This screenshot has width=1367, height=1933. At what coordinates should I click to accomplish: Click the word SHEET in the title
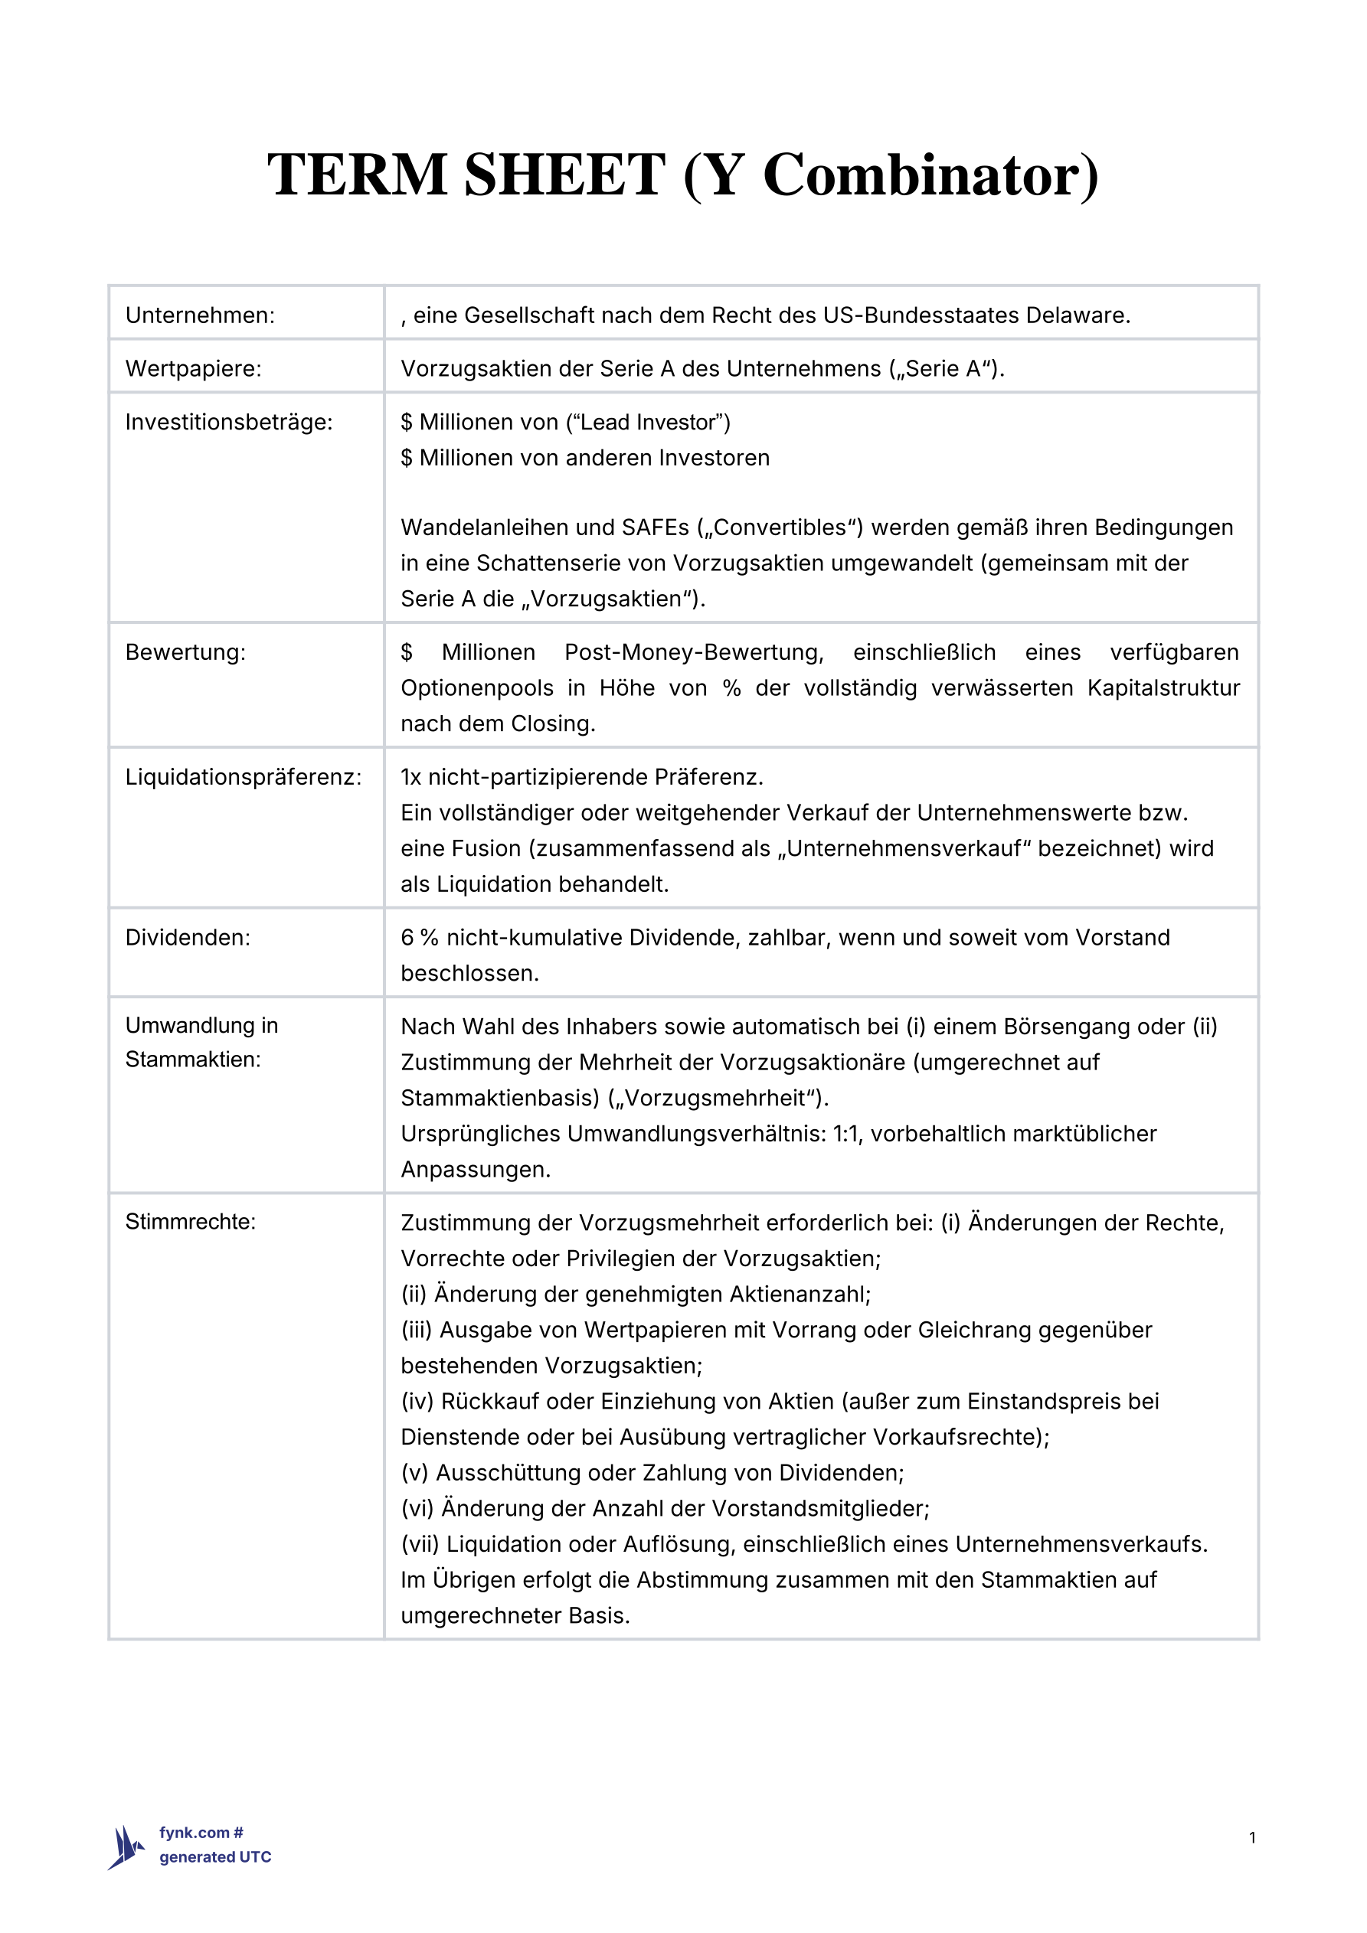click(564, 175)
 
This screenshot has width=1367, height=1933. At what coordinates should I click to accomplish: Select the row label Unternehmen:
click(201, 315)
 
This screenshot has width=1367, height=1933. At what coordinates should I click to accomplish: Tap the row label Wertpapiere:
click(194, 369)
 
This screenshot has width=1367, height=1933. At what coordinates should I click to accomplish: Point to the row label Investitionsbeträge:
click(229, 422)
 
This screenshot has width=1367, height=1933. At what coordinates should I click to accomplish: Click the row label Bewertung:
click(185, 651)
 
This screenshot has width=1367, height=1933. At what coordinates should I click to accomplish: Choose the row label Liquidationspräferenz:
click(244, 776)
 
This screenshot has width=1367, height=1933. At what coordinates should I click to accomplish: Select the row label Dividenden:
click(188, 937)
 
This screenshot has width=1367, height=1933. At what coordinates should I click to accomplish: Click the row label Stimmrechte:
click(191, 1222)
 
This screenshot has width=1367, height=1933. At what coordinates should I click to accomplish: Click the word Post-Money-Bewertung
click(694, 651)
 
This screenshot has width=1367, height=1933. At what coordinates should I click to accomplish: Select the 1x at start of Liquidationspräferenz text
click(411, 776)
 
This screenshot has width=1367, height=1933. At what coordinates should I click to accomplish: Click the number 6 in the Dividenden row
click(407, 937)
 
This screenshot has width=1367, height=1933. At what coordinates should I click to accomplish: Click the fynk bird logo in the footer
click(126, 1847)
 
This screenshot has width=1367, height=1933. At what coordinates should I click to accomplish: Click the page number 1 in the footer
click(1252, 1837)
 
